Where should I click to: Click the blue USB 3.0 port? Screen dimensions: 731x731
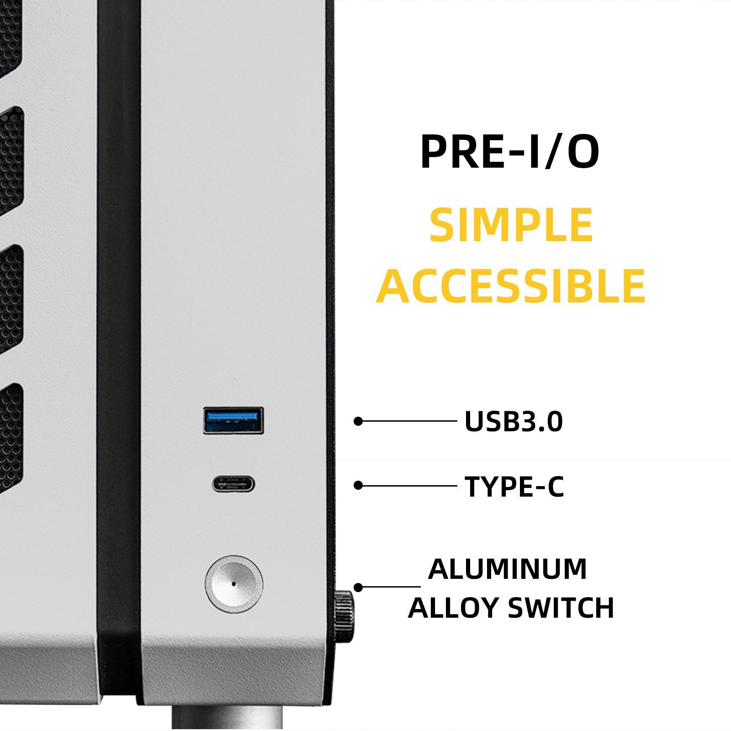(x=233, y=420)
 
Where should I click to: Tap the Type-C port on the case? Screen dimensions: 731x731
(x=233, y=484)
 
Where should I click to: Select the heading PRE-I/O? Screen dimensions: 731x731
(x=509, y=152)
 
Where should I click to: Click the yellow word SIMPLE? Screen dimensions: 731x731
(x=511, y=225)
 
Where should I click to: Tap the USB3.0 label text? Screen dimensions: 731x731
(x=514, y=421)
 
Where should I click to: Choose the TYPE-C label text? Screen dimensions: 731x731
(x=514, y=486)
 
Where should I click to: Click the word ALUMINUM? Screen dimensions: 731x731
(x=508, y=569)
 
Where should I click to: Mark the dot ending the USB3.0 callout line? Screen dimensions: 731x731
(x=358, y=421)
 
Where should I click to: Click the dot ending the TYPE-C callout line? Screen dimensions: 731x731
(x=358, y=486)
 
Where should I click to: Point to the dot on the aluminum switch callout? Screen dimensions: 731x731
(x=358, y=587)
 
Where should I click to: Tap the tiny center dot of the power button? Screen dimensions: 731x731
(x=234, y=584)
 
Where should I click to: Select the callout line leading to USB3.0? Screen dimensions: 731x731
(x=408, y=421)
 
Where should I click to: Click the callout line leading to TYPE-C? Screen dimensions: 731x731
(x=408, y=486)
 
